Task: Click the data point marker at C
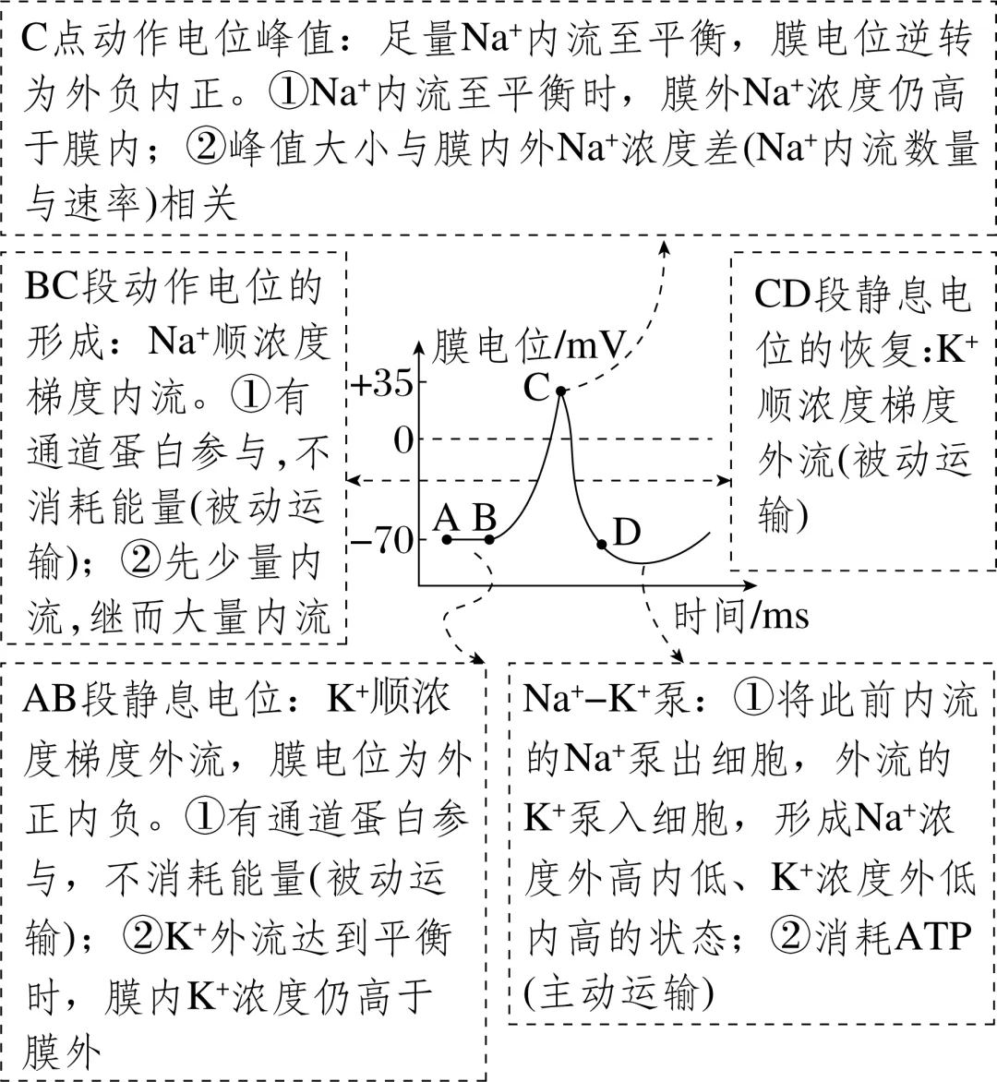click(561, 391)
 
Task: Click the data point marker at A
click(447, 539)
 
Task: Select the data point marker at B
click(489, 539)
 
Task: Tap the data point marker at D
click(602, 545)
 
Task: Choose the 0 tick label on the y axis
click(403, 440)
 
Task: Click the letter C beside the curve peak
click(536, 388)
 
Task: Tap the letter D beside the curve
click(627, 533)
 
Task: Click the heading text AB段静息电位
click(148, 699)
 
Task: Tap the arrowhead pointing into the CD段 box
click(725, 480)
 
